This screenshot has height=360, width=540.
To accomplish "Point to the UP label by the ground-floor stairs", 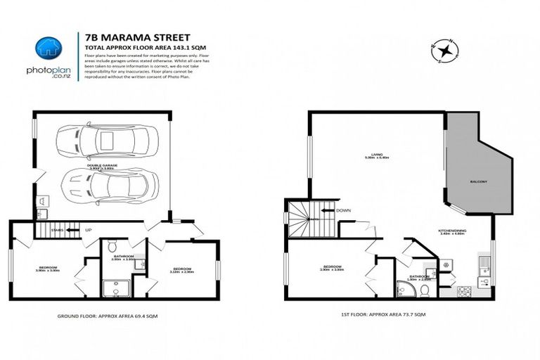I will (88, 229).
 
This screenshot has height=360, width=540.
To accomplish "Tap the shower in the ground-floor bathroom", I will (112, 289).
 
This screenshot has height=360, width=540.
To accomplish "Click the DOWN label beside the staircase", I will (344, 210).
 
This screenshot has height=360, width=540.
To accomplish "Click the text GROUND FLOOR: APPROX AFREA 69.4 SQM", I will (107, 317).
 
